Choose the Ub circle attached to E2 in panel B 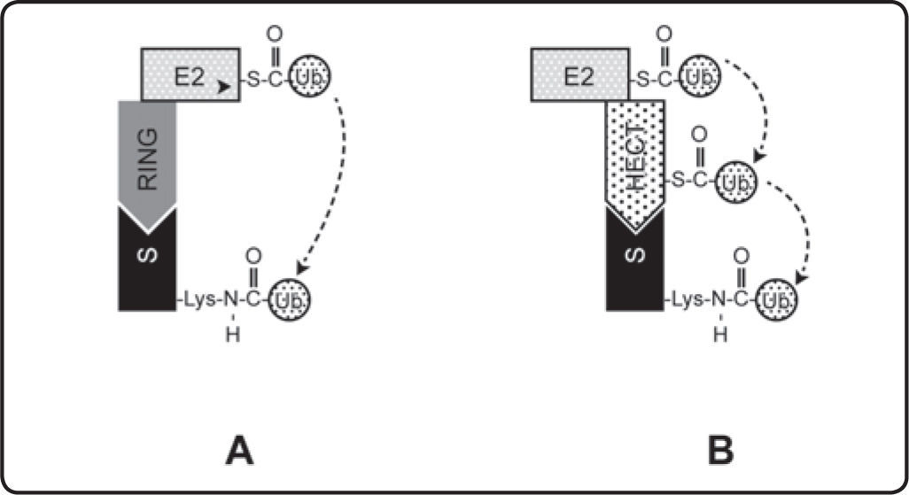point(700,76)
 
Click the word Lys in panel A point(200,300)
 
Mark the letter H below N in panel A point(232,335)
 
